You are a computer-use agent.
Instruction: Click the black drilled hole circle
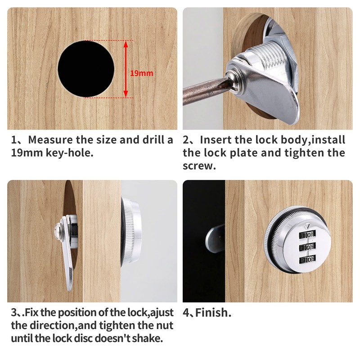coord(86,68)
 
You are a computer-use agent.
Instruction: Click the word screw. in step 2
coord(199,166)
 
